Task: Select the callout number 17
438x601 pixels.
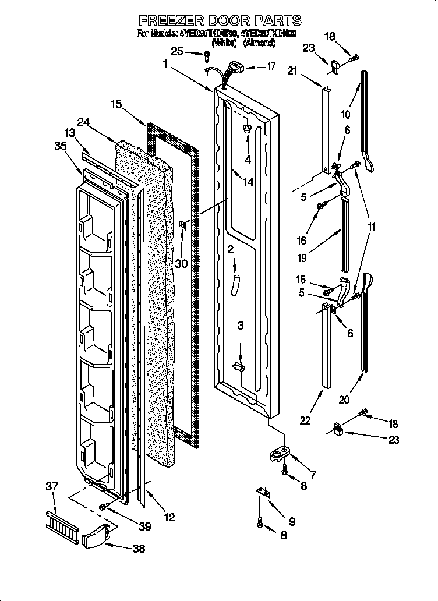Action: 271,66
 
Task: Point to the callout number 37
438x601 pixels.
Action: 52,486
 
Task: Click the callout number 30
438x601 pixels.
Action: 182,263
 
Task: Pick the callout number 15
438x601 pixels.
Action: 117,104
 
